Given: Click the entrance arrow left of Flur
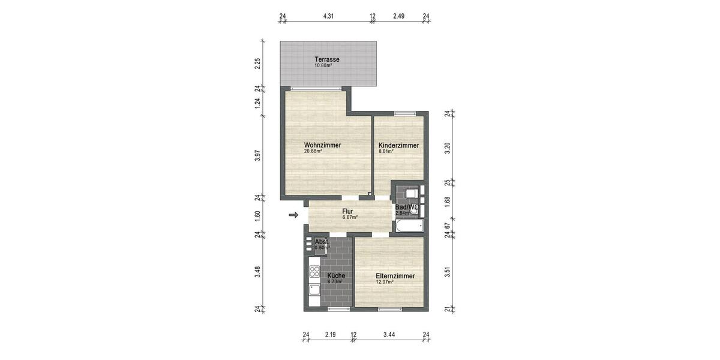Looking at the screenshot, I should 293,215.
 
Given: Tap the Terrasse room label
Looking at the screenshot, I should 328,59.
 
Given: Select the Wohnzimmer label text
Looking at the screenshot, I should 322,145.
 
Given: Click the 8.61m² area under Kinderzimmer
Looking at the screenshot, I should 385,152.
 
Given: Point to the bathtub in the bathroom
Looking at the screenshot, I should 409,226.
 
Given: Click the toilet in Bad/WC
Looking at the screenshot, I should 411,194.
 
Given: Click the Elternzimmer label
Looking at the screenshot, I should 395,276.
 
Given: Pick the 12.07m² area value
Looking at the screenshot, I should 385,282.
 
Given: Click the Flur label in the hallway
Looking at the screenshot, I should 347,211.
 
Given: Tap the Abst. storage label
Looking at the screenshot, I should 321,241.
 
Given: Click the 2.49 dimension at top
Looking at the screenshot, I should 400,16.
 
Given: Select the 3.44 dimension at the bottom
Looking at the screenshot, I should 391,334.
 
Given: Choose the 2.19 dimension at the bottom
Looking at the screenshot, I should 330,334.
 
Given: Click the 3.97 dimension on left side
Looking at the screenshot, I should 257,155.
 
